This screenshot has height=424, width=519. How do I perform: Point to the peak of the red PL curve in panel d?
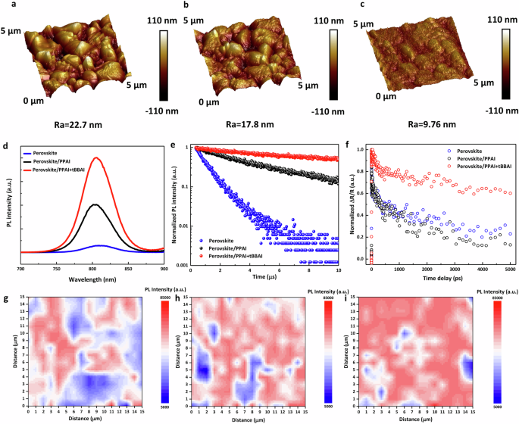95,158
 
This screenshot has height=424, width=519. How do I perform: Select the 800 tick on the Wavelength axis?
95,269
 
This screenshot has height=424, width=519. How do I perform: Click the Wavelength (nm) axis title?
94,278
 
